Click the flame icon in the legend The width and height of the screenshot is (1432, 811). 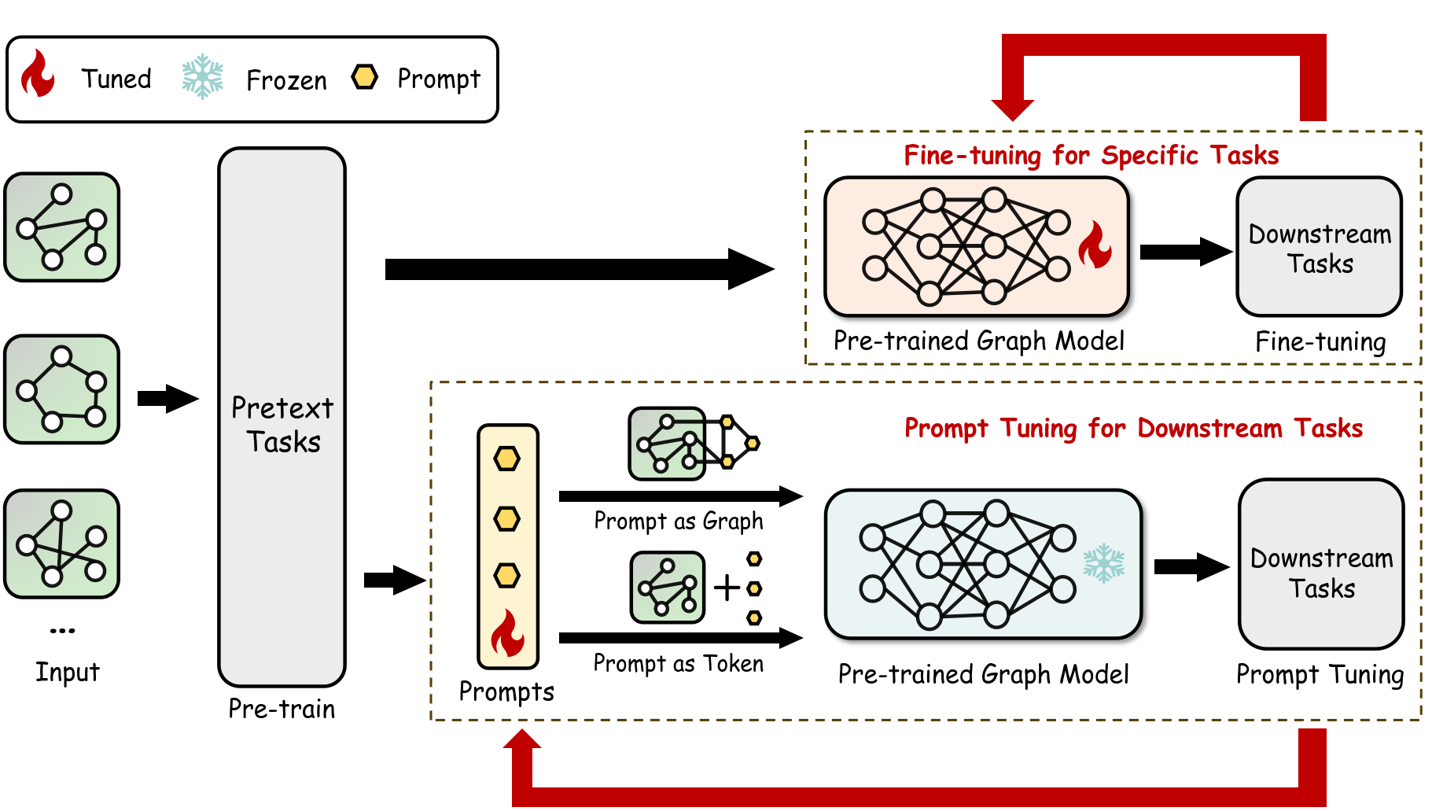coord(38,74)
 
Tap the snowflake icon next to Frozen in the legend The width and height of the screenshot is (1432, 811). coord(202,76)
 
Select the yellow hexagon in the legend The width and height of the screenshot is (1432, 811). coord(365,77)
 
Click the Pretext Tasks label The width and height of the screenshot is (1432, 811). coord(282,425)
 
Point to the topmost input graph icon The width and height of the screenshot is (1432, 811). coord(62,227)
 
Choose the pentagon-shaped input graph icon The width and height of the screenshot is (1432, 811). coord(62,389)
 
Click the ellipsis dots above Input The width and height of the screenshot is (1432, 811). coord(62,630)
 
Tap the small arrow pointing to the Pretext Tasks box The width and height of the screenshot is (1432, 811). coord(167,399)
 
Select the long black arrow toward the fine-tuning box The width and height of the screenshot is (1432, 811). coord(578,269)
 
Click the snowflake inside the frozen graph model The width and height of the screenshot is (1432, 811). coord(1104,563)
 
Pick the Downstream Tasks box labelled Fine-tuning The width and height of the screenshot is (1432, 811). coord(1319,247)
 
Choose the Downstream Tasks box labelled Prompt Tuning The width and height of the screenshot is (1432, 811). coord(1321,564)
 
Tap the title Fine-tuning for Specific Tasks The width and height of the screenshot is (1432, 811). coord(1091,155)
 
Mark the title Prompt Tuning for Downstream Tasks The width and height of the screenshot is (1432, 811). coord(1132,428)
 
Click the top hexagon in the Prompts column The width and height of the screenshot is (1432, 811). coord(506,459)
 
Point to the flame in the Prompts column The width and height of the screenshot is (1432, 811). coord(508,633)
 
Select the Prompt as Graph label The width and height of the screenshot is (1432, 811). coord(678,521)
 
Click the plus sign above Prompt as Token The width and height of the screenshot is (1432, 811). coord(727,588)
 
